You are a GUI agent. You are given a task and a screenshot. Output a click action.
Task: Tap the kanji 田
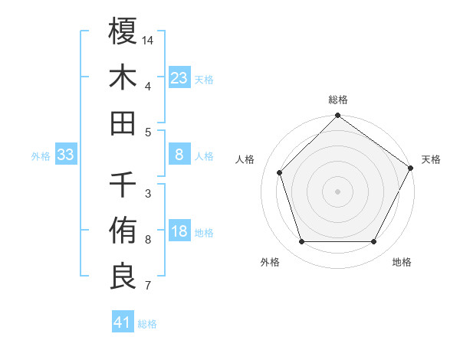click(x=123, y=123)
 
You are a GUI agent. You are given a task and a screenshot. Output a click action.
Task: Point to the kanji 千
click(x=123, y=185)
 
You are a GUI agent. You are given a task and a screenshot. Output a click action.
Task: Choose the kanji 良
click(x=123, y=277)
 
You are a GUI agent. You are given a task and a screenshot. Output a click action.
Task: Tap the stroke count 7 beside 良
click(x=148, y=286)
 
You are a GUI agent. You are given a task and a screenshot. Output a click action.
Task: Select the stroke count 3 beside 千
click(x=148, y=194)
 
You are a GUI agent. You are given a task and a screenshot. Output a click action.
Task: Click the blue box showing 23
click(x=179, y=77)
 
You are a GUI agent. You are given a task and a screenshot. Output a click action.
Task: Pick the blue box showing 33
click(x=66, y=155)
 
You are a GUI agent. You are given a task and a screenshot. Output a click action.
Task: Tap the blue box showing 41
click(x=123, y=322)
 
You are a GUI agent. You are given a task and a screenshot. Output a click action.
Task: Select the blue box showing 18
click(x=179, y=232)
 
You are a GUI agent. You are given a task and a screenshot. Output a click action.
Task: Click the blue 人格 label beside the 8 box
click(x=204, y=156)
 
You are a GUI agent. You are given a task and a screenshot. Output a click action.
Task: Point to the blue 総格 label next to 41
click(x=147, y=324)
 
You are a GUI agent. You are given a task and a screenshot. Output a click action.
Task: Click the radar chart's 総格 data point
click(x=337, y=116)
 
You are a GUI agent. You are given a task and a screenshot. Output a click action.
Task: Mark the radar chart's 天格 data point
click(x=411, y=169)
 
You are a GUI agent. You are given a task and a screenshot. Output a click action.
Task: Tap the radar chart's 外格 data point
click(x=301, y=242)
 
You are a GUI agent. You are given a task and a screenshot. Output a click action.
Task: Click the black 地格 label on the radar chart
click(x=402, y=263)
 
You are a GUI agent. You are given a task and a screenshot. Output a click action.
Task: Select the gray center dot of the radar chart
click(x=337, y=191)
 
